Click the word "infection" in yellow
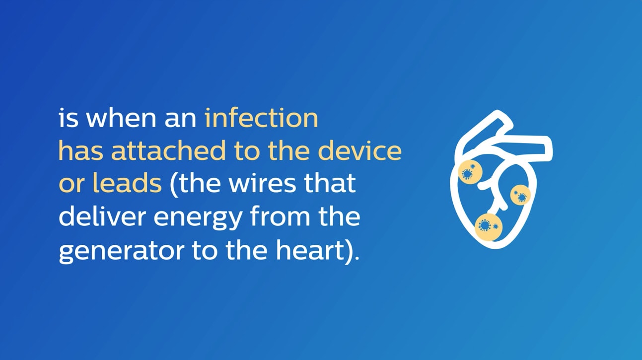[x=261, y=119]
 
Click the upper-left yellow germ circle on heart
[x=469, y=172]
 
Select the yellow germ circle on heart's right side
[x=520, y=195]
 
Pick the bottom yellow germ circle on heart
[x=488, y=227]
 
